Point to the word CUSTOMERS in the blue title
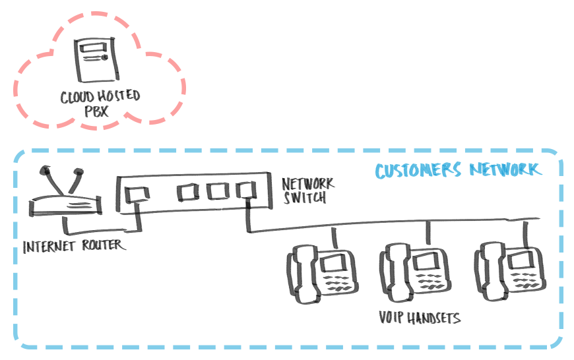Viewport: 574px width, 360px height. point(418,171)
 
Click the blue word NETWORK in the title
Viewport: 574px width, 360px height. point(505,169)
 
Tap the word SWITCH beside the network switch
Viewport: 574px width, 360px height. point(305,196)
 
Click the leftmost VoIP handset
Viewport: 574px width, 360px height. point(321,273)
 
